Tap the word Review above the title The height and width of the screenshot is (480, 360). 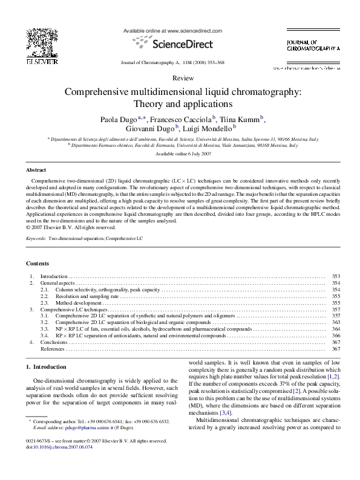pyautogui.click(x=180, y=79)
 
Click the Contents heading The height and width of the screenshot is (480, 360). pyautogui.click(x=38, y=264)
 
